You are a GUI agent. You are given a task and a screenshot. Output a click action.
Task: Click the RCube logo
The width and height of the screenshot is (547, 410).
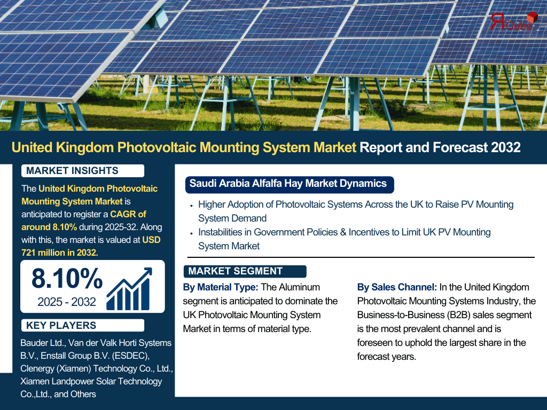point(513,21)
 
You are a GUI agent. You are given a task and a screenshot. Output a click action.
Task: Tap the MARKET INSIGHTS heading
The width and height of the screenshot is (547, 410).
point(72,170)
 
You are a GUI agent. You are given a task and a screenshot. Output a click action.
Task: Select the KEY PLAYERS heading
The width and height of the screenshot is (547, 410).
point(61,325)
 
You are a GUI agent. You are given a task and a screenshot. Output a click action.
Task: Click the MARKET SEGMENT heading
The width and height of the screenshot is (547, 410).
point(236,271)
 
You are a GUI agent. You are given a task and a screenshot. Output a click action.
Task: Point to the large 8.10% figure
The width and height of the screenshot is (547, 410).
point(67,279)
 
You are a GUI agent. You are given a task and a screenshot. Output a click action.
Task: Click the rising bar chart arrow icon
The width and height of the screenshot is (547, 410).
point(129,289)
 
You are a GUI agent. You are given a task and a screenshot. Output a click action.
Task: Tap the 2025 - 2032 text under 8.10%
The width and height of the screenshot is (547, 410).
point(67,302)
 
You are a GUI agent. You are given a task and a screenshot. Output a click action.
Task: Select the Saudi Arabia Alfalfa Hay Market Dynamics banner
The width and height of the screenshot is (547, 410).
point(290,184)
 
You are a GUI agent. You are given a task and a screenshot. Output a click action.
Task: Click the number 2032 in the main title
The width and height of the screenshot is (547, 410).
point(505,147)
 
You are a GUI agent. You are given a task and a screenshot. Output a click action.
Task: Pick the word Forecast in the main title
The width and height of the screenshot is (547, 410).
point(460,147)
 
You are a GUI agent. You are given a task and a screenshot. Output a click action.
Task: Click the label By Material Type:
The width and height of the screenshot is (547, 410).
point(221,287)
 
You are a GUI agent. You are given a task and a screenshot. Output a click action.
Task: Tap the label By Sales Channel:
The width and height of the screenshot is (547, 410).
point(397,287)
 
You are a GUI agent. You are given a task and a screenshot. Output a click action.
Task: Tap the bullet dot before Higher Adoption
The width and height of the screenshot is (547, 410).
point(191,206)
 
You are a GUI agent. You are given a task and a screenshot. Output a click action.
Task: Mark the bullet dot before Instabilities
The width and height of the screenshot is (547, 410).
point(191,234)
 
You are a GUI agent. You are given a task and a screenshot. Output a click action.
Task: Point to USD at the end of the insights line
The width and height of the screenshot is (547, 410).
point(151,240)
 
